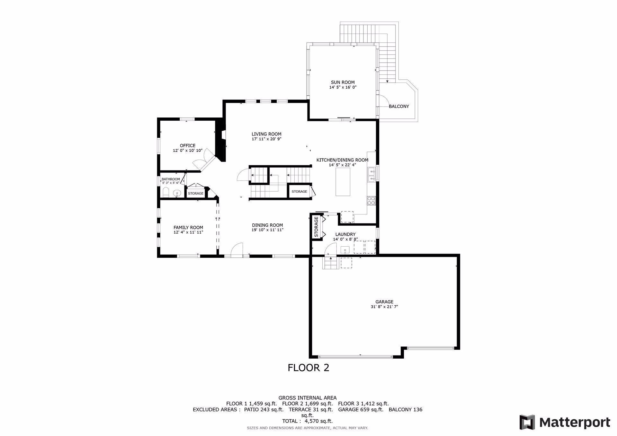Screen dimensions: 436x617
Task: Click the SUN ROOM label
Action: point(343,82)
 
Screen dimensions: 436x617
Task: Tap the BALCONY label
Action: point(398,106)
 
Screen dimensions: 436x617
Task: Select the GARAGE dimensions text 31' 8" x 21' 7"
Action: point(384,307)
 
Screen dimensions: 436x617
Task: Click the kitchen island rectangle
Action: point(343,182)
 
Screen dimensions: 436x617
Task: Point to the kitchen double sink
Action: point(371,174)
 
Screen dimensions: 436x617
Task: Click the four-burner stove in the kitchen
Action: point(371,201)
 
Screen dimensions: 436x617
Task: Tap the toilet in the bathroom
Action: point(166,192)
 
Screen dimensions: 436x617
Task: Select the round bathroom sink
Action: point(177,193)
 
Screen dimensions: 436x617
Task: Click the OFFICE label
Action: point(187,145)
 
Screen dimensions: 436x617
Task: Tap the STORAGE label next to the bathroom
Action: point(195,193)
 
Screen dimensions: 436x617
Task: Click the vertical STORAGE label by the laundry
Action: point(316,227)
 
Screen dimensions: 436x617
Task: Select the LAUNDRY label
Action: point(345,234)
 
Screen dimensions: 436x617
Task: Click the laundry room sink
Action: point(345,249)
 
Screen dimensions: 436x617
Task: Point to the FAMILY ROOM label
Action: point(188,227)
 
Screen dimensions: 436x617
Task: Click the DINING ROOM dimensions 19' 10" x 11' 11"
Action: point(267,230)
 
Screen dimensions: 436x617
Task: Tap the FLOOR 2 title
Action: point(308,368)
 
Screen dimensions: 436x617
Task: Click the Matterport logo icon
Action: point(527,422)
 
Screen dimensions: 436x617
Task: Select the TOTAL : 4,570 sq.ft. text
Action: point(307,421)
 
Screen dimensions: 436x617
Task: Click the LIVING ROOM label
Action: point(266,134)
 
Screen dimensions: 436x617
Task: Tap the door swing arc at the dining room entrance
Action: point(237,249)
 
